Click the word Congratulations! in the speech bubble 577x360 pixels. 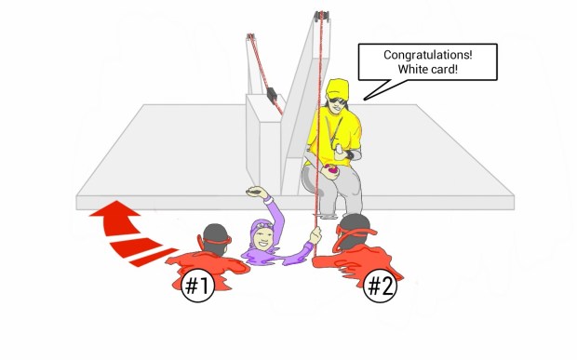pyautogui.click(x=427, y=56)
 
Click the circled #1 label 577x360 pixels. pyautogui.click(x=198, y=286)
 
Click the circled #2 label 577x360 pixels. pyautogui.click(x=380, y=286)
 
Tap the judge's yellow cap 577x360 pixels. pyautogui.click(x=337, y=88)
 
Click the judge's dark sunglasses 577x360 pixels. pyautogui.click(x=337, y=100)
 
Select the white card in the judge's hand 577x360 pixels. pyautogui.click(x=340, y=149)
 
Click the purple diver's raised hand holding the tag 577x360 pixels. pyautogui.click(x=257, y=192)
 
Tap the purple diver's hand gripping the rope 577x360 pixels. pyautogui.click(x=315, y=235)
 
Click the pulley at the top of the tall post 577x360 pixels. pyautogui.click(x=321, y=17)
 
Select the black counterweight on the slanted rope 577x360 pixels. pyautogui.click(x=273, y=94)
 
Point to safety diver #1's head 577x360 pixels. pyautogui.click(x=216, y=238)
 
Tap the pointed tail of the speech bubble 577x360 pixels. pyautogui.click(x=365, y=99)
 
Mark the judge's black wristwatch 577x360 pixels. pyautogui.click(x=350, y=154)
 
